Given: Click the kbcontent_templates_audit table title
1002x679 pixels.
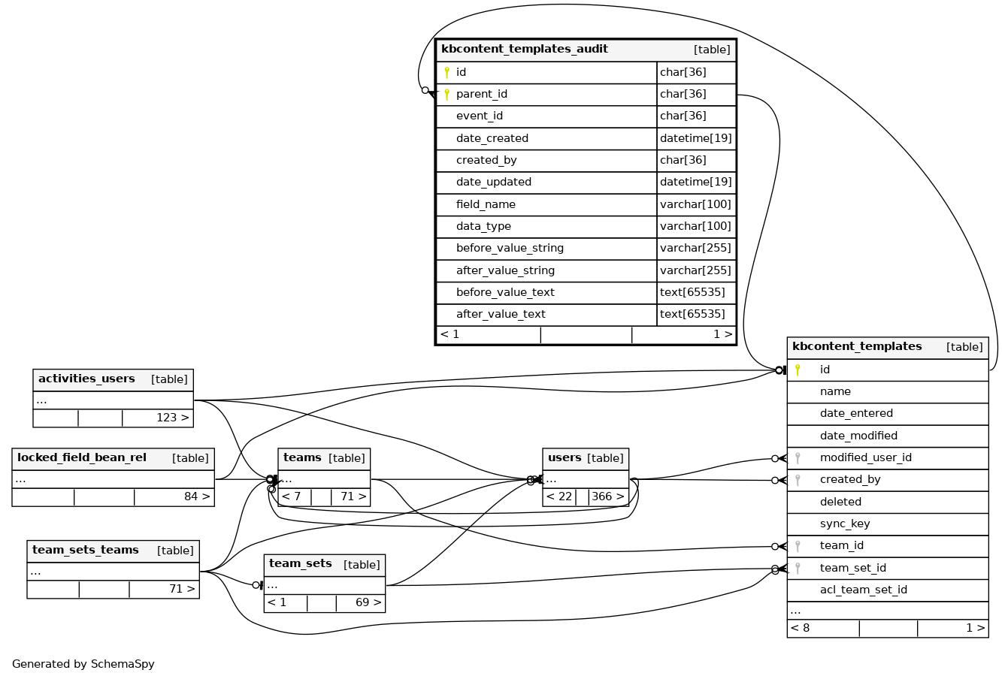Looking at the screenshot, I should click(524, 50).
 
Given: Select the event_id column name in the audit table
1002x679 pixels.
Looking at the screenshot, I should click(479, 116).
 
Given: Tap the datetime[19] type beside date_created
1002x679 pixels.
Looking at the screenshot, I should click(695, 138).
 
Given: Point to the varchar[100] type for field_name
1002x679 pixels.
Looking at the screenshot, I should click(695, 204).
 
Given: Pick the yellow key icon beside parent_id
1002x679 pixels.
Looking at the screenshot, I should click(447, 95).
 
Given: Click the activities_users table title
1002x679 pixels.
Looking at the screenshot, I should click(86, 379).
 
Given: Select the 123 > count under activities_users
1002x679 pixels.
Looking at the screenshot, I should click(172, 418).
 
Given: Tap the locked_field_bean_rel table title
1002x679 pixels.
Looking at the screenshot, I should click(82, 458).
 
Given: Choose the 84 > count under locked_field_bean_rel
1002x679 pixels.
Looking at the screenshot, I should click(197, 496).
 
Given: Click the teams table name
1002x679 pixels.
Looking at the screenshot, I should click(302, 458).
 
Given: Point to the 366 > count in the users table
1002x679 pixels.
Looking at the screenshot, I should click(607, 496).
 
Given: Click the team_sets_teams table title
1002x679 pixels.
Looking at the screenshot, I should click(85, 551).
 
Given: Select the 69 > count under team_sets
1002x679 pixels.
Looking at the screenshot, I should click(368, 602).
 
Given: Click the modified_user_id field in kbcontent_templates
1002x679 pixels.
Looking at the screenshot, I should click(865, 458).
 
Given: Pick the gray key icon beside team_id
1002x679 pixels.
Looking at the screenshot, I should click(798, 546).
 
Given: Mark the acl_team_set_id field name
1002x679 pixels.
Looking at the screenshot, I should click(863, 590).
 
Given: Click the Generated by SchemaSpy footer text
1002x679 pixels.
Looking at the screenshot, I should click(83, 664).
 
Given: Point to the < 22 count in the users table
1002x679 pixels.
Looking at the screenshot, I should click(559, 496).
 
